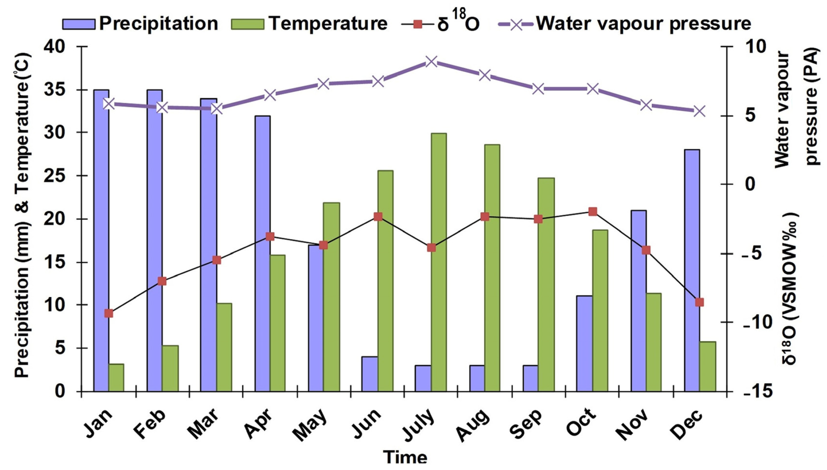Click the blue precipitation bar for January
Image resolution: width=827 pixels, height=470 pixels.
[101, 240]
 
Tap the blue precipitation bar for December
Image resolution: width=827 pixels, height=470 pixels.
[692, 270]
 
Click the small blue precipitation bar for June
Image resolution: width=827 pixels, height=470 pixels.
[369, 374]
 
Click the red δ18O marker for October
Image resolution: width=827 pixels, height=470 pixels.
[592, 212]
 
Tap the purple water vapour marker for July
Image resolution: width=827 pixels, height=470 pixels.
[431, 62]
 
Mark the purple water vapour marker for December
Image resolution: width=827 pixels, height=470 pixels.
[700, 111]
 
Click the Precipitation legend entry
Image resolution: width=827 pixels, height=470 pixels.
[140, 23]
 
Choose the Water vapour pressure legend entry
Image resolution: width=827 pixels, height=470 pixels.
[624, 23]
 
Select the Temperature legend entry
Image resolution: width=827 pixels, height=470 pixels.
[309, 23]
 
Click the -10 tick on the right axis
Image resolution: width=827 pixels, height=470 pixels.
[757, 323]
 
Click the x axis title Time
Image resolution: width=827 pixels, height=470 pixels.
[405, 458]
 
